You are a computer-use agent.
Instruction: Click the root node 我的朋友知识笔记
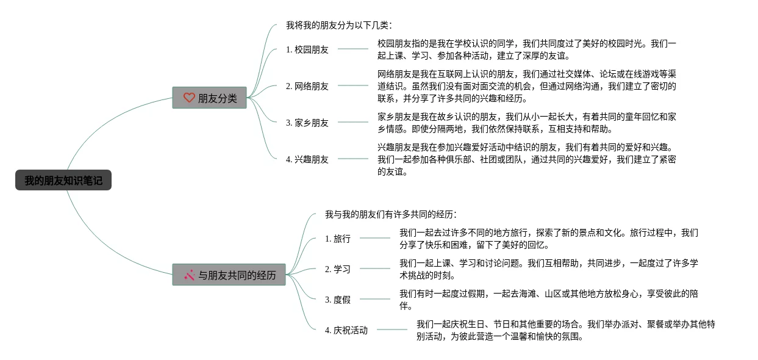coord(63,181)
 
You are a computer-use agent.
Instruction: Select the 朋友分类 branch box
coord(210,98)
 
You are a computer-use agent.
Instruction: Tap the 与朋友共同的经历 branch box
coord(229,275)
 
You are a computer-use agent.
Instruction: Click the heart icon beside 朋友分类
coord(189,98)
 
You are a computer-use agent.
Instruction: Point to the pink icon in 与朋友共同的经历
coord(189,275)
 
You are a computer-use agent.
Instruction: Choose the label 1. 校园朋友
coord(307,50)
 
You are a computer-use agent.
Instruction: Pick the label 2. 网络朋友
coord(307,87)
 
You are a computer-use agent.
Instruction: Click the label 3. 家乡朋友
coord(307,123)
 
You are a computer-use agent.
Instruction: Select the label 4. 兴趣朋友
coord(307,160)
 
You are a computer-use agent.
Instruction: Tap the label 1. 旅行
coord(338,239)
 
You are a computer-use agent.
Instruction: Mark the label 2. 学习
coord(338,270)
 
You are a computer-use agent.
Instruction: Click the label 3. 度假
coord(338,300)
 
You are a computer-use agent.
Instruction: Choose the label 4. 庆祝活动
coord(346,331)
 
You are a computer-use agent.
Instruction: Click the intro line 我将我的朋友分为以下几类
coord(339,26)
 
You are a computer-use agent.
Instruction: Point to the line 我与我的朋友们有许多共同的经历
coord(391,215)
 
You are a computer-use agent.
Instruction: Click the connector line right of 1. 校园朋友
coord(353,49)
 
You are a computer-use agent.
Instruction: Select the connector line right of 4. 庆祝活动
coord(392,329)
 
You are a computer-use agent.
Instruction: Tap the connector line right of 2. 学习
coord(374,268)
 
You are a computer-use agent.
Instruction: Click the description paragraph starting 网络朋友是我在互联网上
coord(526,86)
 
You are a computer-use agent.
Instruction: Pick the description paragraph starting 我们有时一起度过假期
coord(548,300)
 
